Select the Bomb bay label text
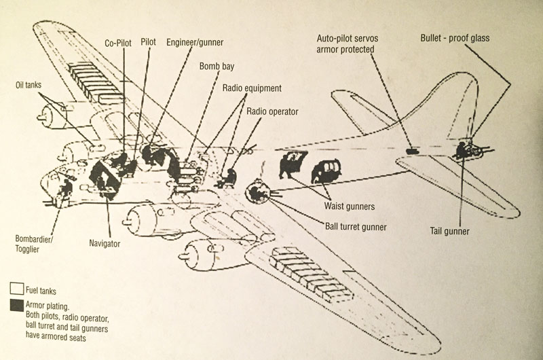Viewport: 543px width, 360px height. (217, 67)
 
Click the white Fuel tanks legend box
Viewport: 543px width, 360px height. (16, 289)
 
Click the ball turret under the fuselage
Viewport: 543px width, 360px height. (258, 192)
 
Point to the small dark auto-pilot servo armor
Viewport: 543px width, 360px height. (411, 149)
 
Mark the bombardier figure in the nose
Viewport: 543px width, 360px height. (65, 190)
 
